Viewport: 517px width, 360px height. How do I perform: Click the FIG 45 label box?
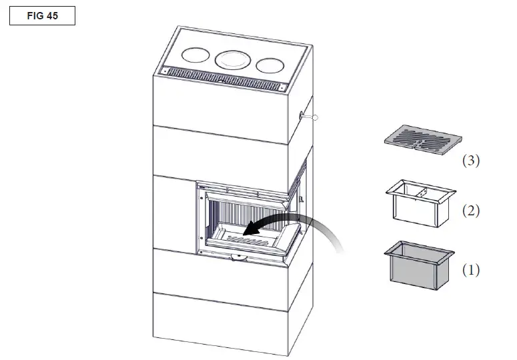tap(42, 16)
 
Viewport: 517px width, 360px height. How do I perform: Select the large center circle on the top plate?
tap(232, 60)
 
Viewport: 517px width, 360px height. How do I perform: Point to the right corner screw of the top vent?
tap(284, 87)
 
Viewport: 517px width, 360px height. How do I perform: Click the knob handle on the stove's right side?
tap(314, 118)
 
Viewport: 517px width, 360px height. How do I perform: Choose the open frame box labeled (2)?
tap(418, 203)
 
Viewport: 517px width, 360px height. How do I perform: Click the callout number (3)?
tap(471, 161)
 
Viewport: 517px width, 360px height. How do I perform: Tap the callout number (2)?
tap(471, 212)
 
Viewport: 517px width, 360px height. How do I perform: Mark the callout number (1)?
tap(471, 271)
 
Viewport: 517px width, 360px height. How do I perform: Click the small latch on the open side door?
tap(302, 199)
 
